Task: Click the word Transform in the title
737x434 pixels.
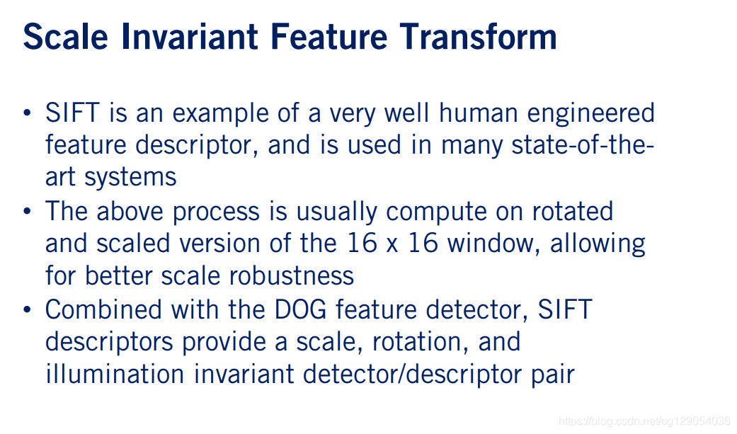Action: (479, 37)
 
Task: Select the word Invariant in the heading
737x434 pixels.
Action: (190, 37)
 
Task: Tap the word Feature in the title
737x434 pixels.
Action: (329, 37)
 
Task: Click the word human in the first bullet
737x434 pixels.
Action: (476, 113)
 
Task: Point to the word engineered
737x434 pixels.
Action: (591, 114)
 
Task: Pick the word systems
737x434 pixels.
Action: (130, 178)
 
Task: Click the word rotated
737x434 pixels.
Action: (573, 212)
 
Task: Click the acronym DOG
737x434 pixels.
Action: (300, 309)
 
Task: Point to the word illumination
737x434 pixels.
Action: (115, 375)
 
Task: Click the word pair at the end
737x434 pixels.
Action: (553, 375)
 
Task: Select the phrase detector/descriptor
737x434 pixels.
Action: (411, 375)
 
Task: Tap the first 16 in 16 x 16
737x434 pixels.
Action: (362, 244)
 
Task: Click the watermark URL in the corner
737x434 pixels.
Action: (644, 421)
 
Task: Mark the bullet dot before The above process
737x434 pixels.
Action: (28, 212)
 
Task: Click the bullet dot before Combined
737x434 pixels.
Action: (28, 310)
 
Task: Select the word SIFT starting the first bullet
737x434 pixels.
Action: (72, 113)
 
